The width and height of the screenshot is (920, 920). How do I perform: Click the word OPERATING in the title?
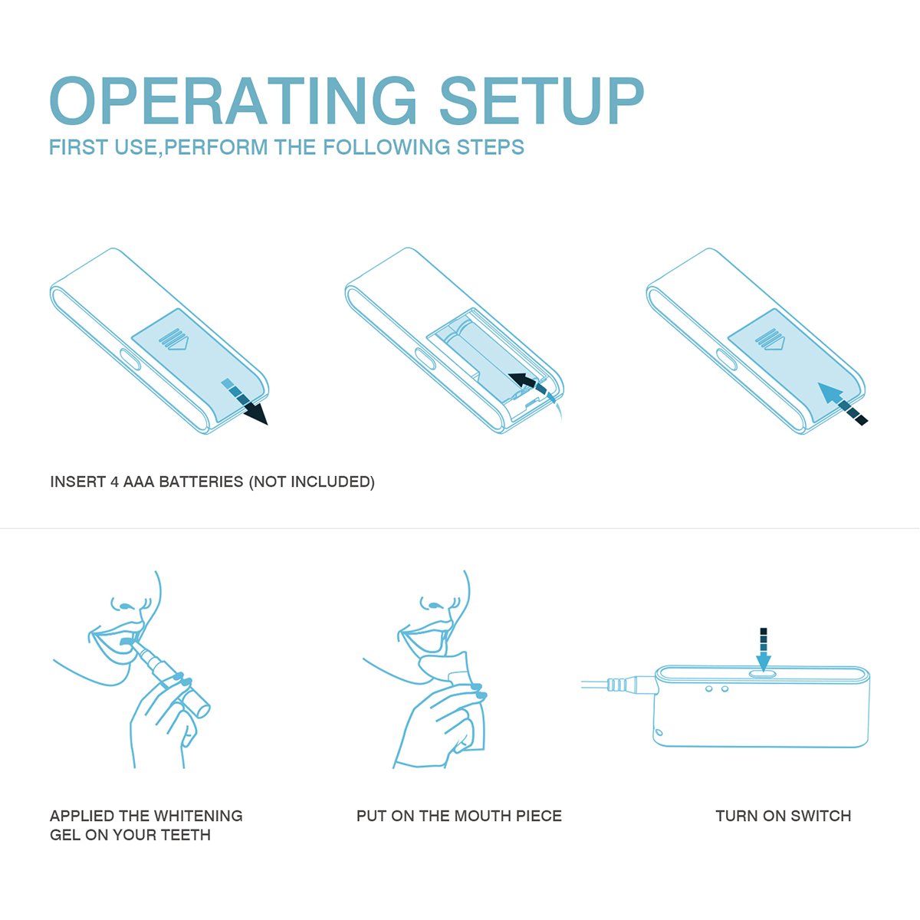(234, 101)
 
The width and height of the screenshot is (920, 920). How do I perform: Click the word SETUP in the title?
(542, 101)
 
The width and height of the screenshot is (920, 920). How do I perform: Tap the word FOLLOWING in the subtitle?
(386, 147)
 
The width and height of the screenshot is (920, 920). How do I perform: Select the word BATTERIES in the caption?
(201, 481)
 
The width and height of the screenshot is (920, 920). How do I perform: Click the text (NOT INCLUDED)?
(312, 481)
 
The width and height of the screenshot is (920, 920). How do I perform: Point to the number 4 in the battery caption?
(114, 481)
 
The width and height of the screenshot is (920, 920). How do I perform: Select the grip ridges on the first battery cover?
(173, 339)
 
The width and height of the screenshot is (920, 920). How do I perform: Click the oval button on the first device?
(130, 359)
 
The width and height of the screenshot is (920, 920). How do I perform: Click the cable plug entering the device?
(631, 685)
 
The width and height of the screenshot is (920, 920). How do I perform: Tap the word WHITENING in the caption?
(198, 816)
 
